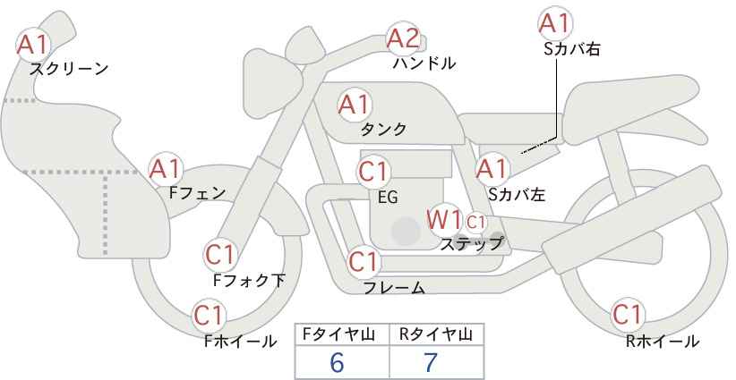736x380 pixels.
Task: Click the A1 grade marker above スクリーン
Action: click(32, 45)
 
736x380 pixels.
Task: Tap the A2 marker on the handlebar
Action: click(403, 38)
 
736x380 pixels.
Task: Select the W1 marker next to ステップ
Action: click(443, 219)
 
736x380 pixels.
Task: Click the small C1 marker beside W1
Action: click(475, 222)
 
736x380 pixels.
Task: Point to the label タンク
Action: click(383, 130)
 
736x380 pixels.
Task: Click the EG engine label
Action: click(389, 198)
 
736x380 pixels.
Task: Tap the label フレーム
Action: click(394, 288)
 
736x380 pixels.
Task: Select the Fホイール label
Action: click(240, 342)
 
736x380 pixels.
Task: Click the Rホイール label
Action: click(663, 342)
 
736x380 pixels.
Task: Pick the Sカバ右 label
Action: click(572, 49)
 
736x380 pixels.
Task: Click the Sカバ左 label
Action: click(517, 194)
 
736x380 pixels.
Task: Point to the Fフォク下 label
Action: click(249, 280)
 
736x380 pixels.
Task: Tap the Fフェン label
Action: click(197, 192)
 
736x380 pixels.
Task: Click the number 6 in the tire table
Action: click(337, 362)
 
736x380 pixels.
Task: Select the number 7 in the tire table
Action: click(431, 362)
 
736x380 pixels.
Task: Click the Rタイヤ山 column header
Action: click(436, 334)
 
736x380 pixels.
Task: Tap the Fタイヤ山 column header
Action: click(338, 334)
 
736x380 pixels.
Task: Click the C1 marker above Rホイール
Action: click(627, 315)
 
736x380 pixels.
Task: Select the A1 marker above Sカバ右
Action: click(555, 23)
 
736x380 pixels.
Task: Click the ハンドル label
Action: click(424, 63)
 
